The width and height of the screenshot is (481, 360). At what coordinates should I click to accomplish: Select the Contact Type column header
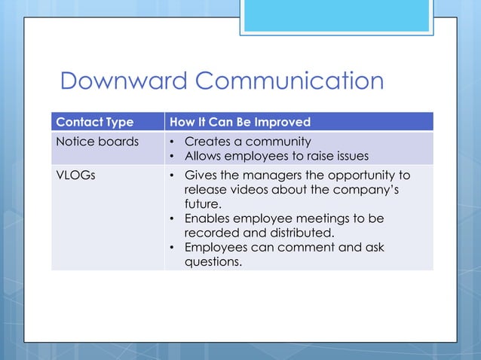pos(95,122)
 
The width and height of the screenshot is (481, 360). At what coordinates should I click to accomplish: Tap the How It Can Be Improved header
pos(240,122)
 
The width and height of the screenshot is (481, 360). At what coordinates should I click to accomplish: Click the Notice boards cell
pos(97,142)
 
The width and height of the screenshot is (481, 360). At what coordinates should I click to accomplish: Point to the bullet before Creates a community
pos(173,142)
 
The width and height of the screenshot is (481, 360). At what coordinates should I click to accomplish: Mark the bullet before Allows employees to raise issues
pos(173,156)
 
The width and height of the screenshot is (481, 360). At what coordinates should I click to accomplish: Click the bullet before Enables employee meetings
pos(173,218)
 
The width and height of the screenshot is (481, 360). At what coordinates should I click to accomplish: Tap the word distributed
pos(297,233)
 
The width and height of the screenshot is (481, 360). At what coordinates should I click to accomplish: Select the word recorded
pos(212,233)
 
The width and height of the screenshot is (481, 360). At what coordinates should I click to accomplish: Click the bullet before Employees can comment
pos(173,247)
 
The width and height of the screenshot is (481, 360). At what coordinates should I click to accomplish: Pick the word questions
pos(214,261)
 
